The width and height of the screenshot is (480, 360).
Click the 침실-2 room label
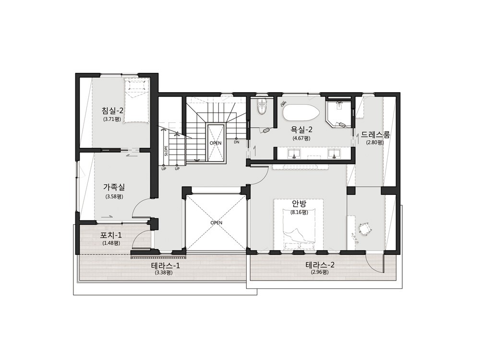[113, 110]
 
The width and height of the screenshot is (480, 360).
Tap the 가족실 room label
[114, 187]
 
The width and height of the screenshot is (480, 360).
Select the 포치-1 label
[111, 235]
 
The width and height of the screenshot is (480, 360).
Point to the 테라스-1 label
[166, 265]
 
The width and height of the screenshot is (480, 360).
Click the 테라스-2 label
[320, 265]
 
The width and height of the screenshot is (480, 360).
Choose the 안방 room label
[299, 204]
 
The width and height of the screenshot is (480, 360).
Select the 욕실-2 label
[301, 130]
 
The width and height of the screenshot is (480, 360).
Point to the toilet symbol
[262, 107]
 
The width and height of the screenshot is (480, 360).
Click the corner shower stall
[338, 114]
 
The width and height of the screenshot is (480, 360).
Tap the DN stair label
[237, 142]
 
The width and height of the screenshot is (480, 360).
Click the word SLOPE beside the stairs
[166, 151]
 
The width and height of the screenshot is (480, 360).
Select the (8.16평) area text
[299, 212]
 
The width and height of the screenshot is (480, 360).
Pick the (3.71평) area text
[113, 120]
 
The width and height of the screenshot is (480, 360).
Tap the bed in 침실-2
[136, 100]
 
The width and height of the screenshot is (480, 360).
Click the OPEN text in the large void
[216, 223]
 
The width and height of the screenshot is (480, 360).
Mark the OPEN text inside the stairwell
[216, 143]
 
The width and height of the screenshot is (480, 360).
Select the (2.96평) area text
[320, 272]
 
